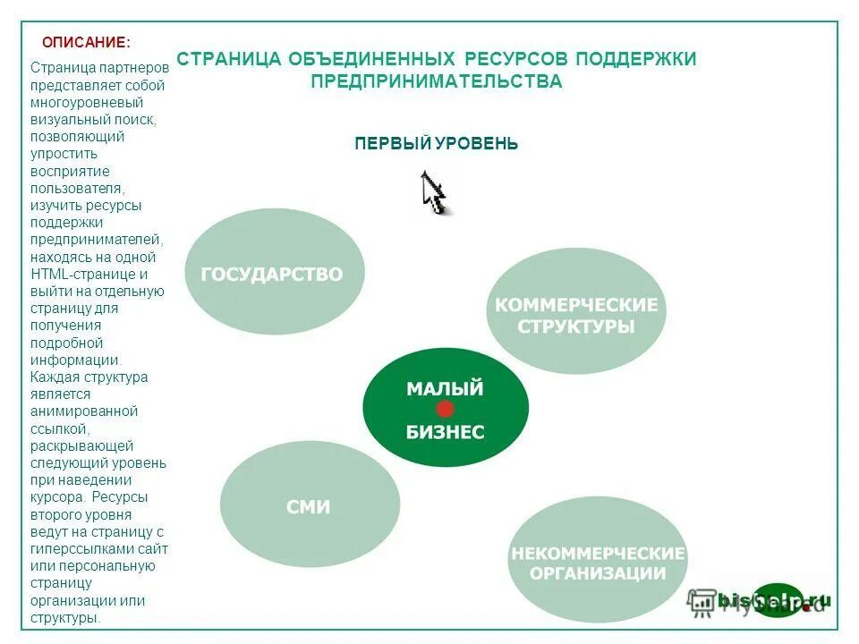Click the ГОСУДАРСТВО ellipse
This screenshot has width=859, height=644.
tap(274, 271)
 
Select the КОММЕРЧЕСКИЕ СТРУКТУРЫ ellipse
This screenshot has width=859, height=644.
tap(576, 310)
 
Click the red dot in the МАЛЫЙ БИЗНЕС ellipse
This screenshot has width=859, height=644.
tap(445, 410)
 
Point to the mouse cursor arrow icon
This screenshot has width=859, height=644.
tap(433, 191)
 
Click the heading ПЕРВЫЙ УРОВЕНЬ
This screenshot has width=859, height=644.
tap(436, 144)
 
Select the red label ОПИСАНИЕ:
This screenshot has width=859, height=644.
tap(86, 42)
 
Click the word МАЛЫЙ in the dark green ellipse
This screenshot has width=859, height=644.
tap(445, 389)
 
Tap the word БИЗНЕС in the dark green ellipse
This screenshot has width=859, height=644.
tap(445, 432)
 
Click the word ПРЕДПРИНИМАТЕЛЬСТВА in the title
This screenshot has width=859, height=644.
tap(437, 82)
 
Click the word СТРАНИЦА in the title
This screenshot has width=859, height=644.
tap(228, 59)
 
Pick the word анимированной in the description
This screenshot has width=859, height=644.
tap(83, 411)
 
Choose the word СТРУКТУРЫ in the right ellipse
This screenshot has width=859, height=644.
tap(576, 326)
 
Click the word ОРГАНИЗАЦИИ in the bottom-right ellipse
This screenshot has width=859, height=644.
tap(598, 573)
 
